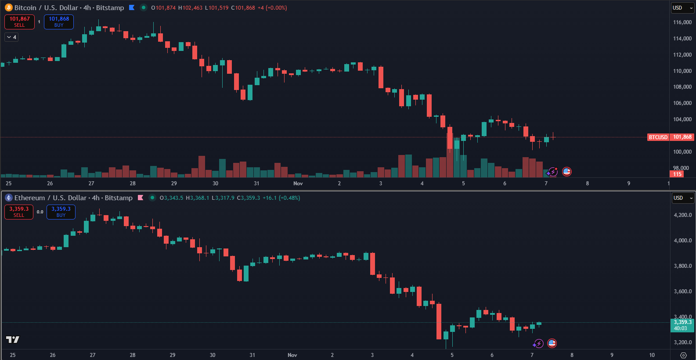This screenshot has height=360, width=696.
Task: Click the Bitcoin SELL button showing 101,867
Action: click(x=19, y=22)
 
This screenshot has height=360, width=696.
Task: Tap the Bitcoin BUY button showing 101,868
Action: click(x=59, y=22)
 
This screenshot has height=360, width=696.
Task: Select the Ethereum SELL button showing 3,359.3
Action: click(x=19, y=212)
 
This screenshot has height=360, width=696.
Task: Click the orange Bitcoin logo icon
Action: click(x=8, y=7)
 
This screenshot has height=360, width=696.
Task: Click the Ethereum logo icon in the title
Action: click(x=8, y=198)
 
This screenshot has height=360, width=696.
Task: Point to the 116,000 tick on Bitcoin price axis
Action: click(x=682, y=22)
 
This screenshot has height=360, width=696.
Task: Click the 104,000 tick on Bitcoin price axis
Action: click(x=682, y=119)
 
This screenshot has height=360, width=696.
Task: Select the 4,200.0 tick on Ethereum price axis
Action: click(x=682, y=215)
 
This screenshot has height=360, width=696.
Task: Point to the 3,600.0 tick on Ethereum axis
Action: click(x=682, y=292)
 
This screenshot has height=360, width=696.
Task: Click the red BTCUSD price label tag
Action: click(x=658, y=137)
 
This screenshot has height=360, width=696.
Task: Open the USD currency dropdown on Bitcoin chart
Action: click(x=682, y=8)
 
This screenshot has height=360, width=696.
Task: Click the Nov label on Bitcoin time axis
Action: click(x=298, y=184)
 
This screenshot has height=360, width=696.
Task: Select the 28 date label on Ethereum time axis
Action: click(x=133, y=355)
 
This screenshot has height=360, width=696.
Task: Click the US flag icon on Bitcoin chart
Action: click(x=567, y=172)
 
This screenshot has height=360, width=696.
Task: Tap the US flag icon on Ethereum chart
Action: click(x=552, y=343)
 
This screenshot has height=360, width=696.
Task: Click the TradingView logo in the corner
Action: click(x=12, y=339)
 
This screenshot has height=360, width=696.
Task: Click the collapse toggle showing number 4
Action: click(x=11, y=37)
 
